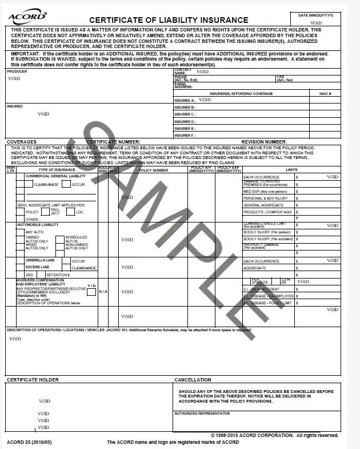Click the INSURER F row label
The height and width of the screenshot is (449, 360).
pyautogui.click(x=185, y=136)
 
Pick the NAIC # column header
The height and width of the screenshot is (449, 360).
pyautogui.click(x=325, y=93)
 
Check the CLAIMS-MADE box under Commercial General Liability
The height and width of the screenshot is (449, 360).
pyautogui.click(x=29, y=185)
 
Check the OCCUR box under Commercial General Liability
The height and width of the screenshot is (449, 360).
pyautogui.click(x=67, y=185)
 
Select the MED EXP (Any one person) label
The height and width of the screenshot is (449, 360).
pyautogui.click(x=266, y=191)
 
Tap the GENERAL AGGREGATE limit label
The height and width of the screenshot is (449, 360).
pyautogui.click(x=263, y=205)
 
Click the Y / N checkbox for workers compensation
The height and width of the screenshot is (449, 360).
pyautogui.click(x=91, y=292)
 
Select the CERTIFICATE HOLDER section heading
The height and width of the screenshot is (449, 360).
pyautogui.click(x=33, y=380)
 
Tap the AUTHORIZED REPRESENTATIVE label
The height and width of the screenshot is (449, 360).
pyautogui.click(x=201, y=413)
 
